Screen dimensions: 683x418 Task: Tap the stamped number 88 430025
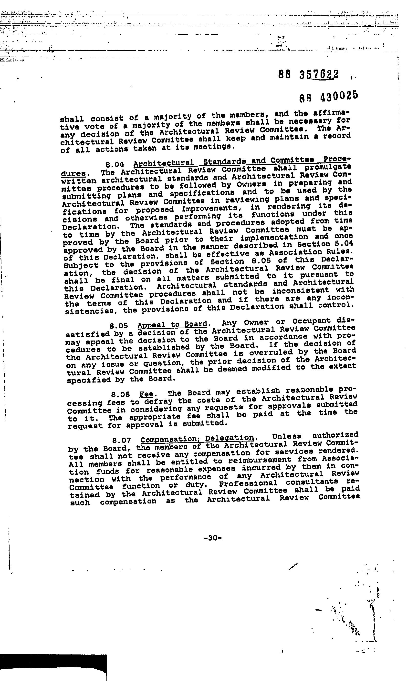tap(329, 96)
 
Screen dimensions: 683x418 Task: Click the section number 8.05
tap(119, 325)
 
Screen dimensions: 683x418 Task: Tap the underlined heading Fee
tap(146, 394)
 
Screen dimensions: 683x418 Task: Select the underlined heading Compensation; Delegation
tap(197, 439)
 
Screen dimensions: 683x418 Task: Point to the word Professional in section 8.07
tap(248, 484)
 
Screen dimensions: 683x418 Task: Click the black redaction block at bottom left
tap(53, 667)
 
